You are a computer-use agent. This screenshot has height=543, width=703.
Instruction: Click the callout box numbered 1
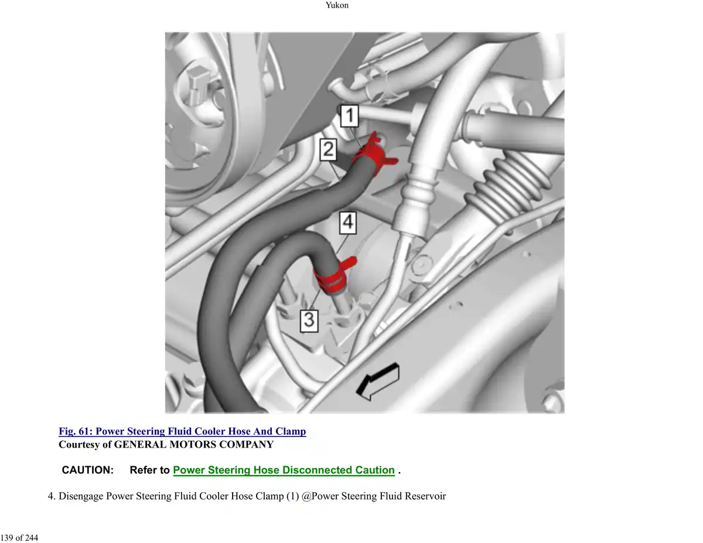click(349, 115)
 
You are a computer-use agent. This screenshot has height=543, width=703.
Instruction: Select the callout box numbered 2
click(328, 149)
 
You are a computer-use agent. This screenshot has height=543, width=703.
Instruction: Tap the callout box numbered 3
click(309, 321)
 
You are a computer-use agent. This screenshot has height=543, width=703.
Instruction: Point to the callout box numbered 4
click(348, 223)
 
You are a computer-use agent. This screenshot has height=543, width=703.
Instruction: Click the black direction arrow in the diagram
click(377, 381)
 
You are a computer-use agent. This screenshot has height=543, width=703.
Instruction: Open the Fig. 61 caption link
click(182, 431)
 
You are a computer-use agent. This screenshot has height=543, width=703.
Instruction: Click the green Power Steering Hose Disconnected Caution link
click(284, 470)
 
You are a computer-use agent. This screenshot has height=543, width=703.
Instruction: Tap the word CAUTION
click(88, 470)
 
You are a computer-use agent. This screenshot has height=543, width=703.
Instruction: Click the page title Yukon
click(337, 5)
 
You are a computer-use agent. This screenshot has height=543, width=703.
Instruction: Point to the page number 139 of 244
click(19, 538)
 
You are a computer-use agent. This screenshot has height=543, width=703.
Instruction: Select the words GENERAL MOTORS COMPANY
click(194, 445)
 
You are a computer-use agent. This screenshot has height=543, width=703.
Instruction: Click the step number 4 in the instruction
click(52, 496)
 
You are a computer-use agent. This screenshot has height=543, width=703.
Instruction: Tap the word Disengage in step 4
click(81, 496)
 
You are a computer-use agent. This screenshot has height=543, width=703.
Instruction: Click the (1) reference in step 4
click(292, 496)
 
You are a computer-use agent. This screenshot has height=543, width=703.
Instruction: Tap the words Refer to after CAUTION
click(149, 470)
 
